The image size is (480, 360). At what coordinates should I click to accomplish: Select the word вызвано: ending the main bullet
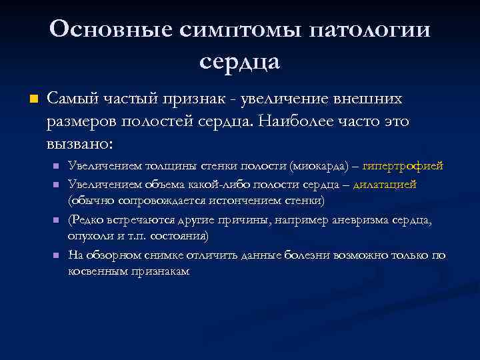(x=80, y=144)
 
